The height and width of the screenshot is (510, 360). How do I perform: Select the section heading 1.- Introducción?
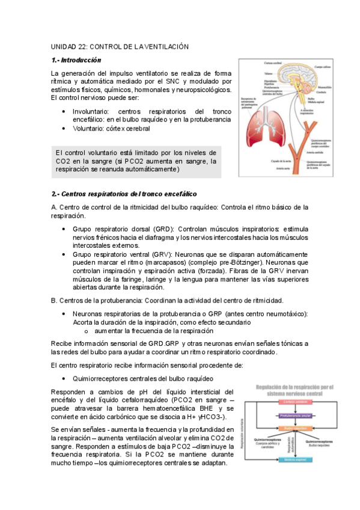point(76,60)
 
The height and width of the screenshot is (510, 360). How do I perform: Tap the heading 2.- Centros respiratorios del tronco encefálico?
point(124,194)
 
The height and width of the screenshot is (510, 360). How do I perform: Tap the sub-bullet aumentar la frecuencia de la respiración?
point(153,331)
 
